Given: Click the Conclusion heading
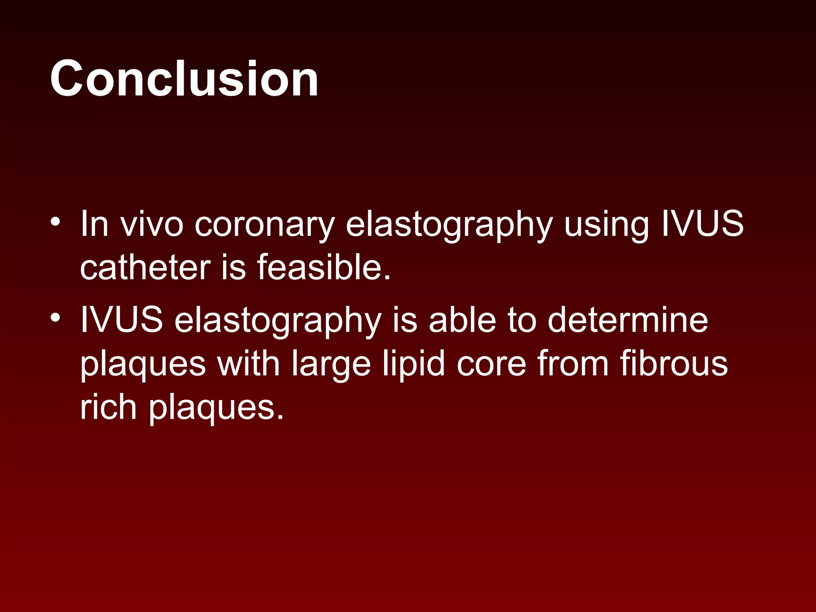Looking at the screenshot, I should (x=184, y=78).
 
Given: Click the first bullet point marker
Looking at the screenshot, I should (x=55, y=222).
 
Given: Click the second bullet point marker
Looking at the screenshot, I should (x=55, y=318).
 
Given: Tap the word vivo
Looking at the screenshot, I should (x=152, y=224).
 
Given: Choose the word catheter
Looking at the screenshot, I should (x=145, y=267).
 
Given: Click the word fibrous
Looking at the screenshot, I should (x=674, y=363).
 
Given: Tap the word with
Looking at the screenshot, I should (x=248, y=363).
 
